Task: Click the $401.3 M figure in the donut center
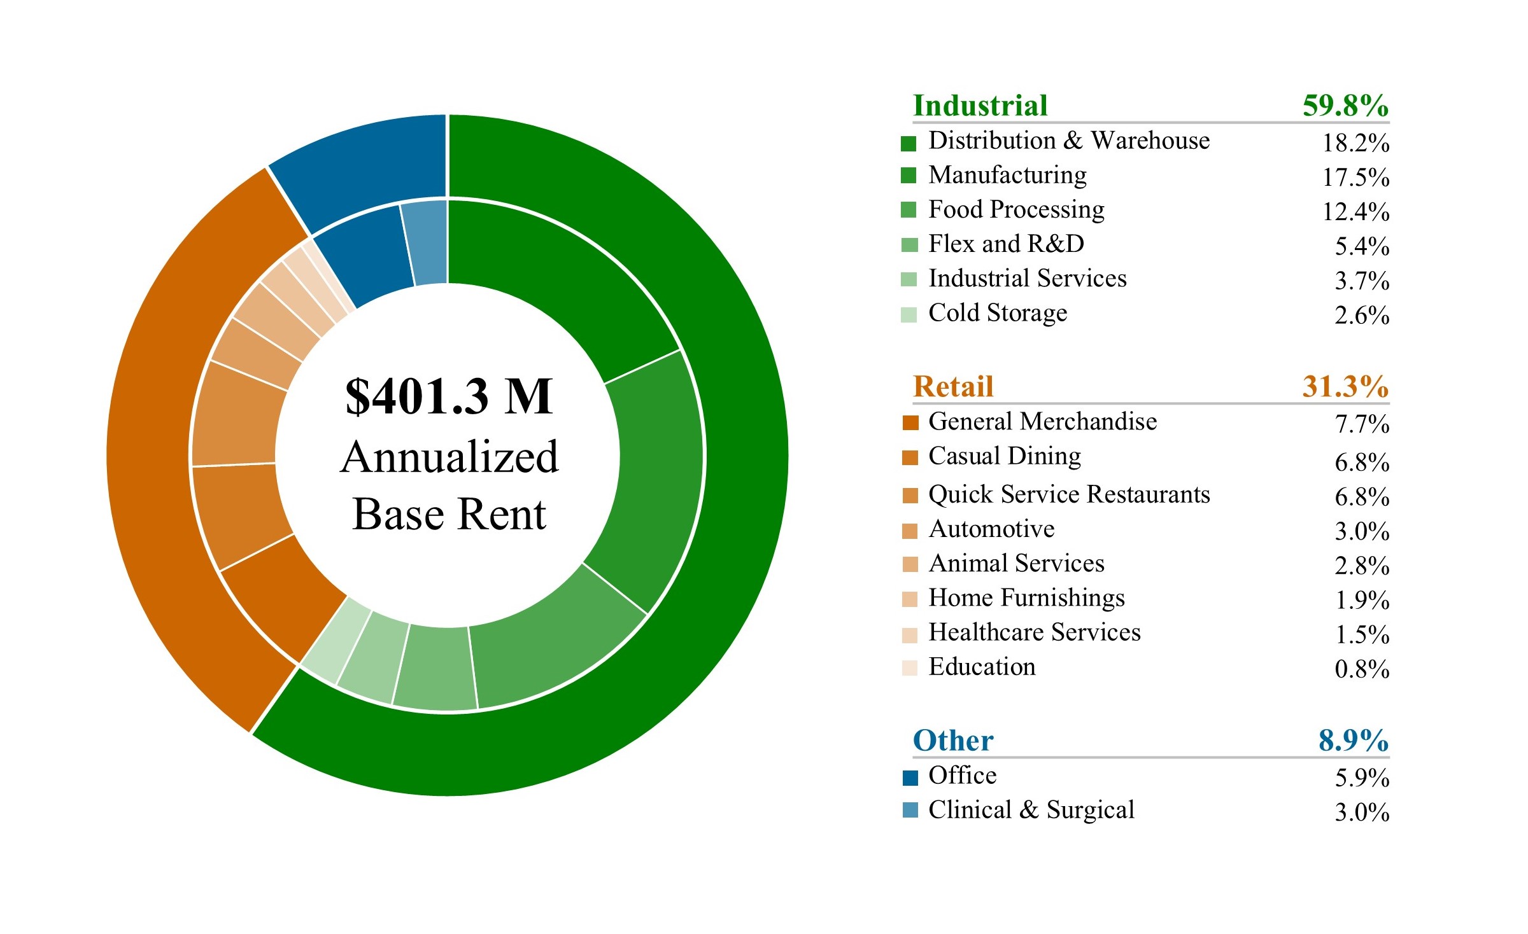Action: (x=449, y=396)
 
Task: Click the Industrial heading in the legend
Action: (x=980, y=106)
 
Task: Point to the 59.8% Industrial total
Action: (x=1345, y=106)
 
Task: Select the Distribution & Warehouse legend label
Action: (x=1069, y=141)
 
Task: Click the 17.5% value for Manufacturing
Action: (x=1355, y=178)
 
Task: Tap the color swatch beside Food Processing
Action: (x=909, y=209)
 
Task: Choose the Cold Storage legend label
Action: (x=998, y=313)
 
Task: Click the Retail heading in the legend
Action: (x=953, y=387)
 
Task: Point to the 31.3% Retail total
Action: (x=1345, y=387)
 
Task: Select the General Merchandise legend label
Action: (x=1042, y=422)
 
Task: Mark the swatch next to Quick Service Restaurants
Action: (x=910, y=495)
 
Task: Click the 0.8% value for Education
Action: (x=1361, y=669)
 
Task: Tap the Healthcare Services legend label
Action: (x=1035, y=632)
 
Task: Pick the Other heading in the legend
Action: (x=953, y=741)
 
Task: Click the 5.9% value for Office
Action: (x=1361, y=778)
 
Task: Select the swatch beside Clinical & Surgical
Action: (x=910, y=810)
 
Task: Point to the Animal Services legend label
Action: (x=1016, y=564)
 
